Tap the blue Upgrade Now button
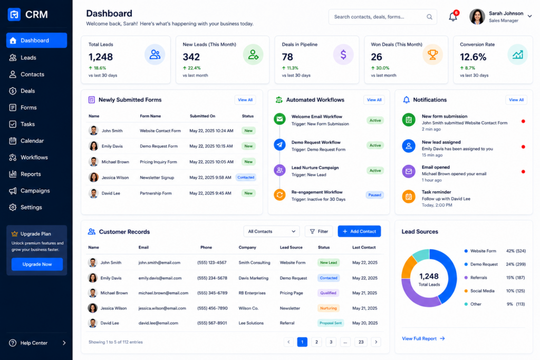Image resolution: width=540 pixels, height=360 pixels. [37, 264]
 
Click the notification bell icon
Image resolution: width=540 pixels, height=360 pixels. [453, 16]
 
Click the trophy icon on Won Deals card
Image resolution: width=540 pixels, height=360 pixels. [432, 54]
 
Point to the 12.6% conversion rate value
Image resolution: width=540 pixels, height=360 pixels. [473, 57]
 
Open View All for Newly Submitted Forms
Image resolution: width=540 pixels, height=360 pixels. [245, 100]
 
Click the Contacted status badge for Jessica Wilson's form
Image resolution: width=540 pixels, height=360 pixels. [246, 178]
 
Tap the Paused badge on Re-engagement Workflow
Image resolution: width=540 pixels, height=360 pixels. [375, 195]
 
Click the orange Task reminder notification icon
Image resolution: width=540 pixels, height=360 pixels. [409, 197]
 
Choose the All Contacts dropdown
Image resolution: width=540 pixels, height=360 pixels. [272, 231]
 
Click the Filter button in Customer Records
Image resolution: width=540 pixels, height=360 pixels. [319, 231]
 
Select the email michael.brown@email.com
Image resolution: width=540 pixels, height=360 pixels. [163, 293]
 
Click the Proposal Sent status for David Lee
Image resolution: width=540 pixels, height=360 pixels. [331, 323]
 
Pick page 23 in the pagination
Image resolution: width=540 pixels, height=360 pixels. [361, 342]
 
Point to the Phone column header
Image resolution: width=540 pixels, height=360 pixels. [206, 247]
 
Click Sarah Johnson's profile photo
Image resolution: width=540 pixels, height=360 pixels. [477, 16]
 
